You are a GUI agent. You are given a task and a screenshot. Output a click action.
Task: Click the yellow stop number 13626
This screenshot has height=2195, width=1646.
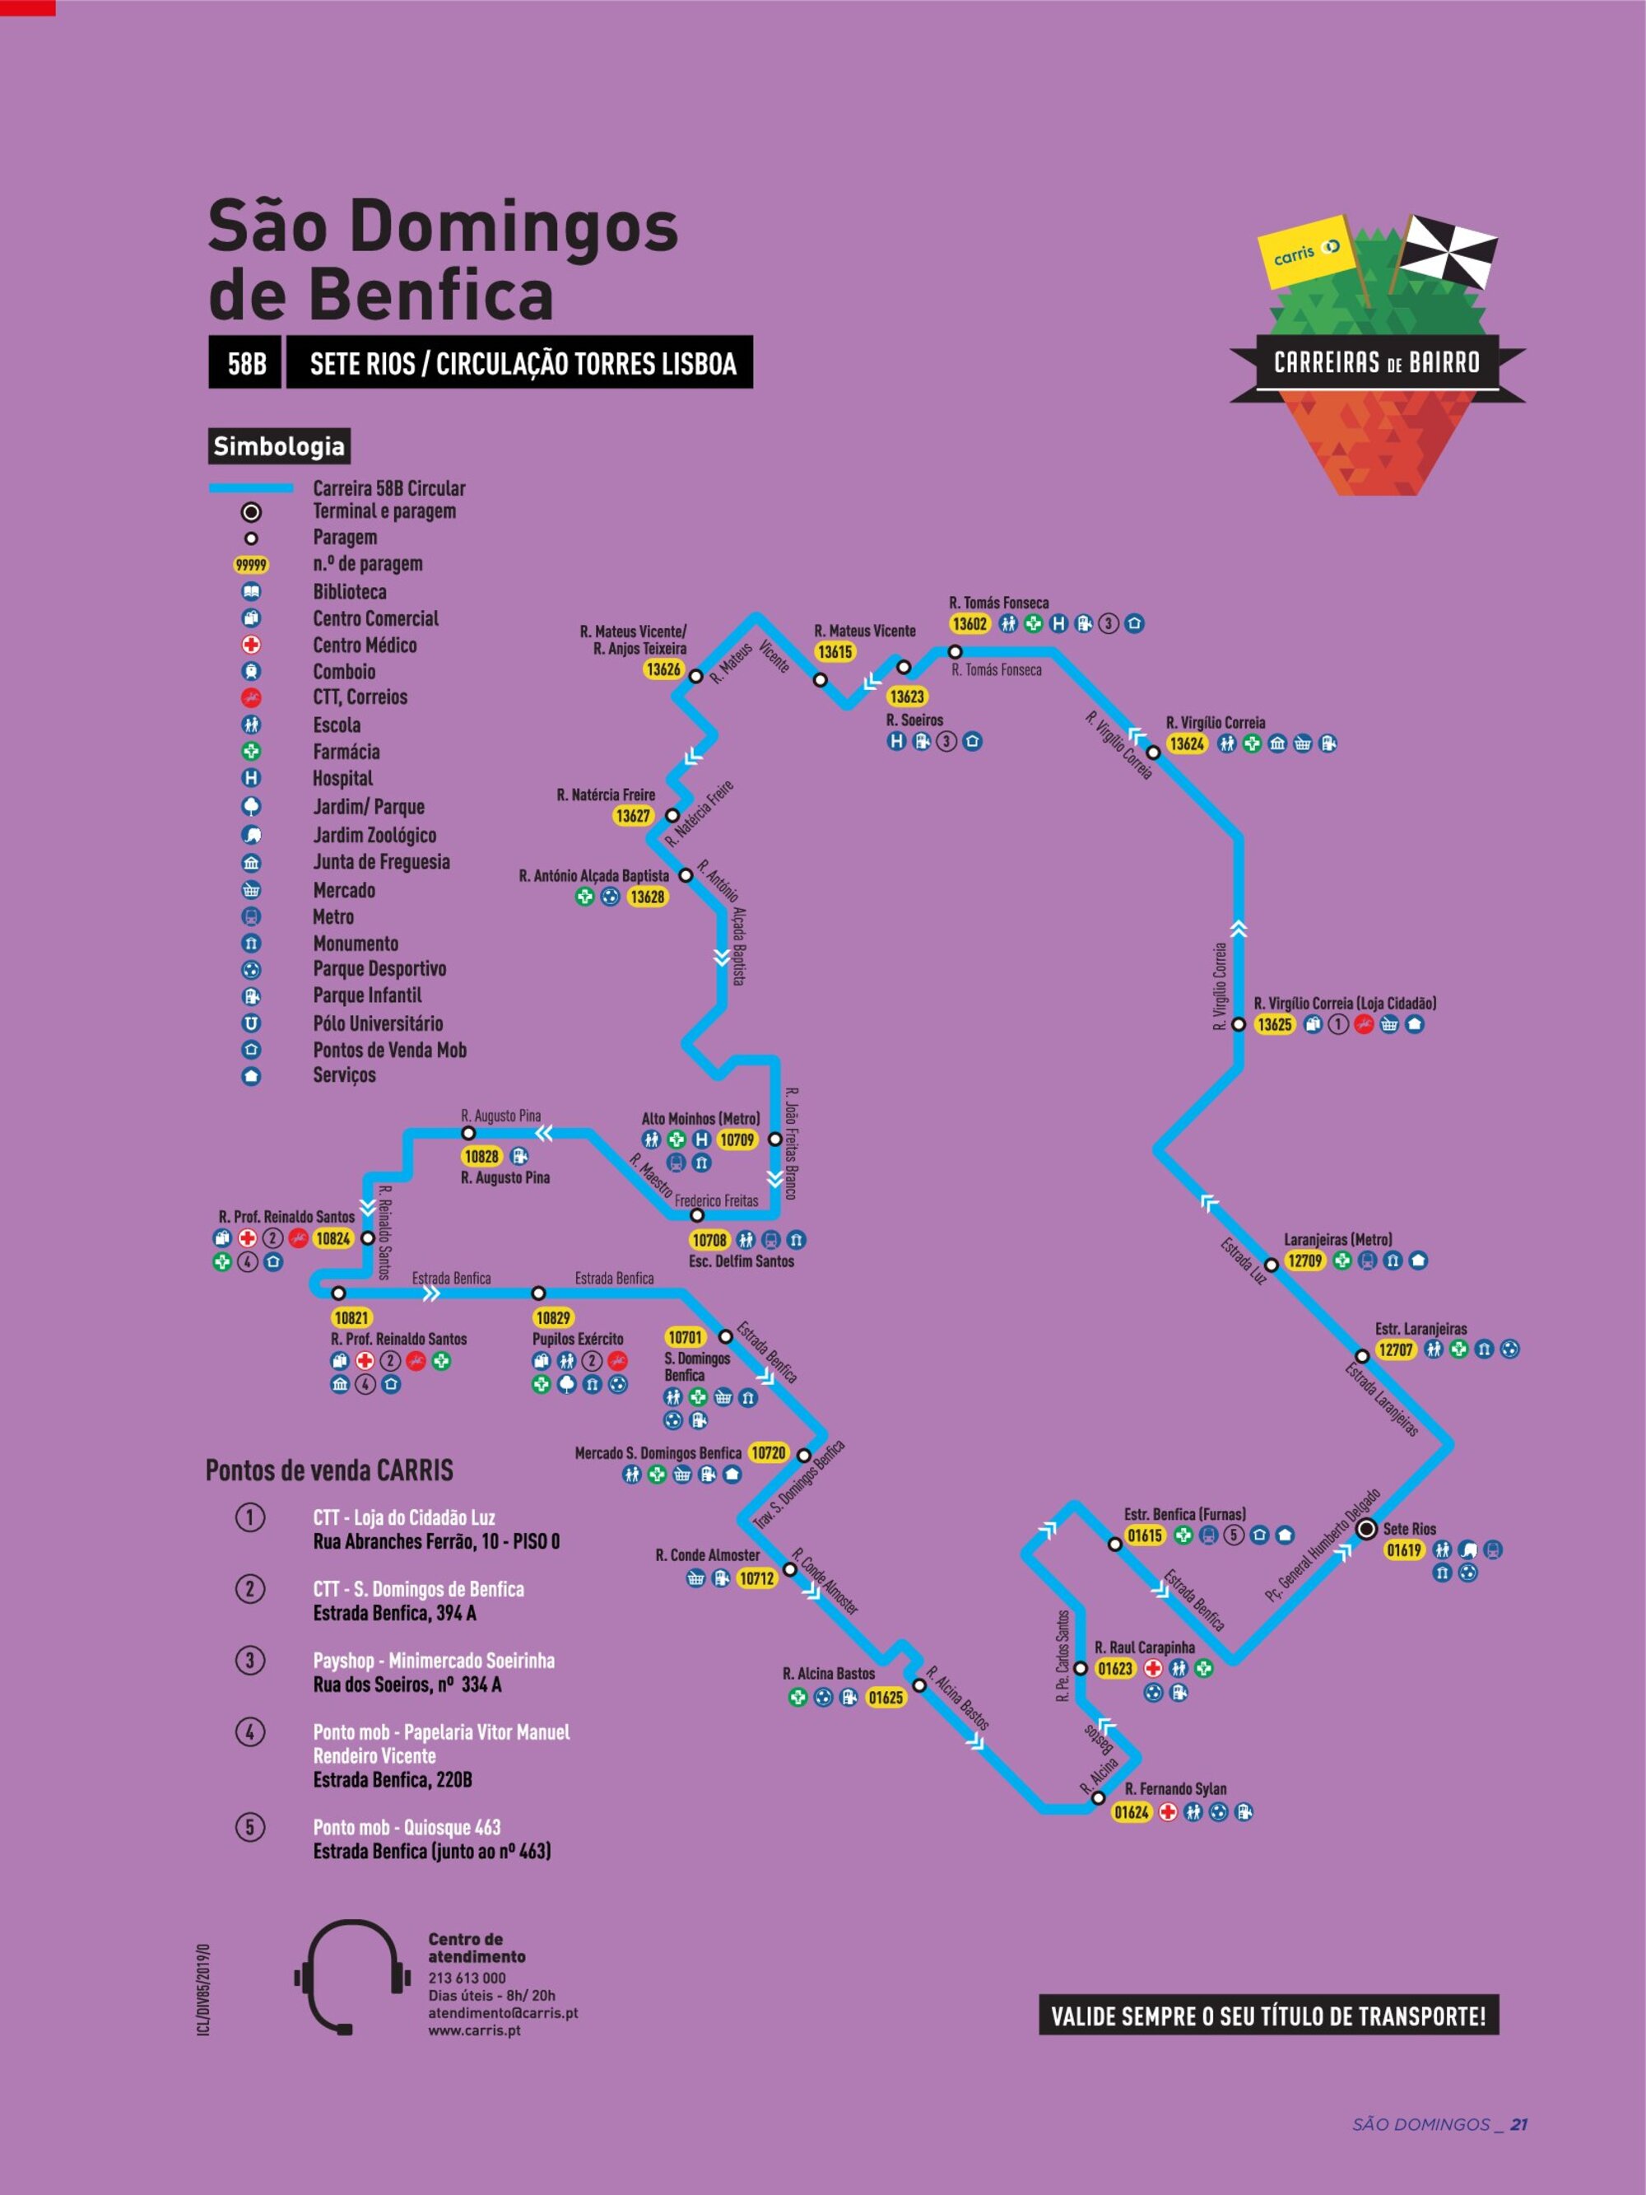[663, 669]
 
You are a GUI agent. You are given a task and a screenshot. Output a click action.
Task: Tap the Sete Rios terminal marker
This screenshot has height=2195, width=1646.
[1366, 1529]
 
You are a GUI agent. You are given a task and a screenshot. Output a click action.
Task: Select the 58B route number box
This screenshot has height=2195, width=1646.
[246, 363]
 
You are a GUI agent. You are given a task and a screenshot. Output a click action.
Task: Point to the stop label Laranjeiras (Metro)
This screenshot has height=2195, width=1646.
[1337, 1239]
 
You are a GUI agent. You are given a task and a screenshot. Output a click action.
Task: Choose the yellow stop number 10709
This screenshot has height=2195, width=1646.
[737, 1140]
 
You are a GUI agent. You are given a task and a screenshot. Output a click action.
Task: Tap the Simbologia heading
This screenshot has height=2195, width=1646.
[279, 445]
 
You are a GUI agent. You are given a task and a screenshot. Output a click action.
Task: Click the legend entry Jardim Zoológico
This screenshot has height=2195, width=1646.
[374, 835]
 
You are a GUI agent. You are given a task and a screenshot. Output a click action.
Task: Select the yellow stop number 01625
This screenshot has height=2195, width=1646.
[885, 1698]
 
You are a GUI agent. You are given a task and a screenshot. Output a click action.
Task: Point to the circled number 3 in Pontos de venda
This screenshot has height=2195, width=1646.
[250, 1660]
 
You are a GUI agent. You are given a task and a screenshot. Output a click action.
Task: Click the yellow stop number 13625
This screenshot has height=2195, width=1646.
[1274, 1024]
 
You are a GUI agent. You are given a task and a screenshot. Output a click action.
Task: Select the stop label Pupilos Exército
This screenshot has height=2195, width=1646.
[578, 1339]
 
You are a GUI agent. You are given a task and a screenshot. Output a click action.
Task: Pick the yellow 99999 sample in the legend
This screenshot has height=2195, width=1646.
[251, 565]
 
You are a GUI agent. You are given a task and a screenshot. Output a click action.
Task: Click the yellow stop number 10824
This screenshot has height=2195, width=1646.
[332, 1238]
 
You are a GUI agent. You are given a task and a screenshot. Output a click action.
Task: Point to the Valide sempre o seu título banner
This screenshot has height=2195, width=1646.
[1268, 2016]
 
